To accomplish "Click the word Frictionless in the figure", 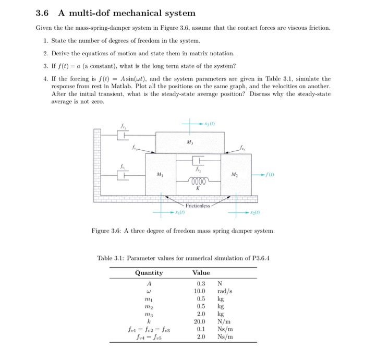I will tap(198, 206).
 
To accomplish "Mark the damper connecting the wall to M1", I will tap(123, 175).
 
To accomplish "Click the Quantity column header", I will tap(149, 273).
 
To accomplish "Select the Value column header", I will tap(201, 273).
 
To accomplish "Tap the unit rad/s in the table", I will tap(225, 291).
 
